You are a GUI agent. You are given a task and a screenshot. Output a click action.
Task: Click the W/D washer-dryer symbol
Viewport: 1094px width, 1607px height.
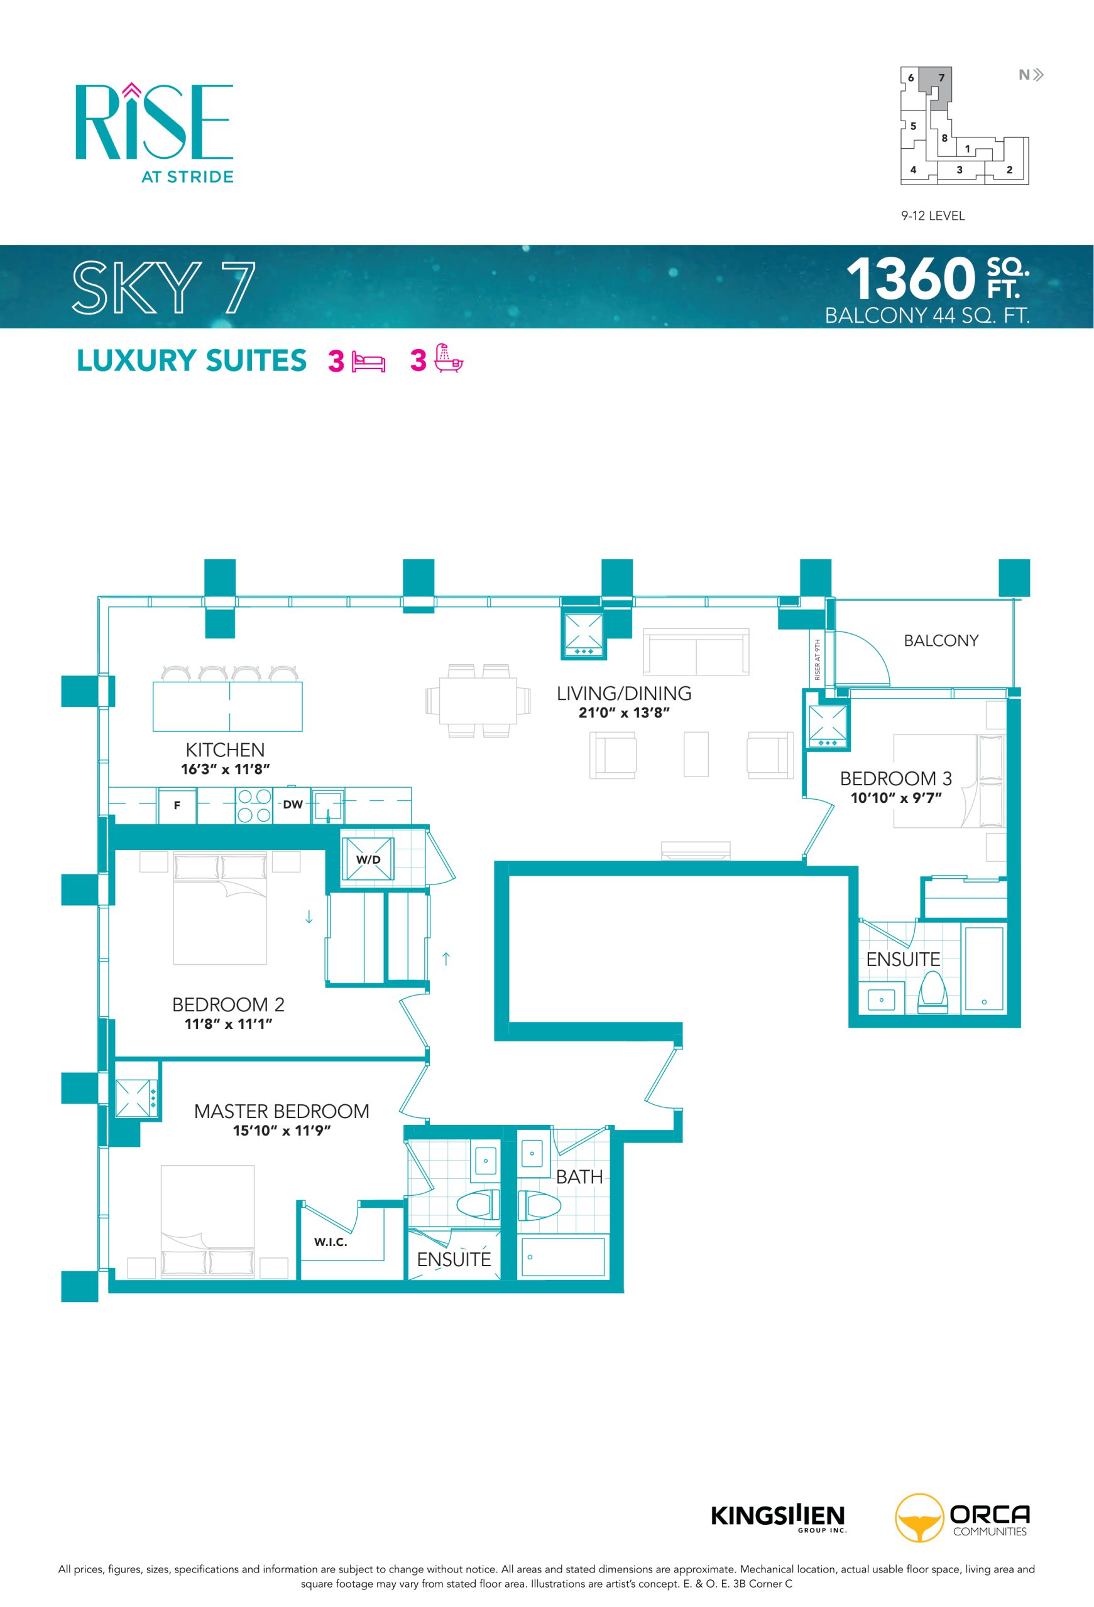[x=368, y=859]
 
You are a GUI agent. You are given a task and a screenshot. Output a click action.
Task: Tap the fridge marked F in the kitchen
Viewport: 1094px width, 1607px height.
[x=177, y=805]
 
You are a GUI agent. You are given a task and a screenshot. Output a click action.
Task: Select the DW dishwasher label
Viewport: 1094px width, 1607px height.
[x=293, y=804]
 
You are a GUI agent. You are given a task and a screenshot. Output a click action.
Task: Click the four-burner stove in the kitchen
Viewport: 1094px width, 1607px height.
[x=254, y=805]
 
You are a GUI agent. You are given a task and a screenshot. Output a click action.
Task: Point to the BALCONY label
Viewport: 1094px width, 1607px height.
[x=941, y=640]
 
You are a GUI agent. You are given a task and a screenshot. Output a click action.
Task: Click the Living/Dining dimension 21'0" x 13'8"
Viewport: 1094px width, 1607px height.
[x=624, y=713]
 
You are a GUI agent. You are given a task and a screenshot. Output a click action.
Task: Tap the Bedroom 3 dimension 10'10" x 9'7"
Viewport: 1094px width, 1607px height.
[x=896, y=798]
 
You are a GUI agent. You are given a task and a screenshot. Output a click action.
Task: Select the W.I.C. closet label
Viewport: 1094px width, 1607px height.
[x=331, y=1242]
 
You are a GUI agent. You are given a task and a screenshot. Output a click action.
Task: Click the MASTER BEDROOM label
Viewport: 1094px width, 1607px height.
[x=282, y=1111]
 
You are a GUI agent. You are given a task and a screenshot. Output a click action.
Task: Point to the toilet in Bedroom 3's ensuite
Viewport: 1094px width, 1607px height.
[x=932, y=992]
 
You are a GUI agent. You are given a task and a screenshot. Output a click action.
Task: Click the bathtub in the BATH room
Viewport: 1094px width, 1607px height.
[x=563, y=1257]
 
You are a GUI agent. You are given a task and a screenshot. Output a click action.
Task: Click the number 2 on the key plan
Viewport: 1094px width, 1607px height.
[x=1010, y=169]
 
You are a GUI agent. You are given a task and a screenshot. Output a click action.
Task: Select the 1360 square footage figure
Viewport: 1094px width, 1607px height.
[x=911, y=279]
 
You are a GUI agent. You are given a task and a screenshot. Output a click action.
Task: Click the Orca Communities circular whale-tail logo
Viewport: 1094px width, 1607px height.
[x=919, y=1518]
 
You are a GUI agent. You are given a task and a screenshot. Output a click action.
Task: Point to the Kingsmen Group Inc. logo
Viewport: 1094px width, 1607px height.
[x=778, y=1517]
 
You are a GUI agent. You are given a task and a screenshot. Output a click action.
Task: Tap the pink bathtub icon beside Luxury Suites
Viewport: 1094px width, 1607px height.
[x=449, y=359]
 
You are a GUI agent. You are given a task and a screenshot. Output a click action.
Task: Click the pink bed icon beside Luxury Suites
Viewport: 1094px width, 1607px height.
[x=369, y=362]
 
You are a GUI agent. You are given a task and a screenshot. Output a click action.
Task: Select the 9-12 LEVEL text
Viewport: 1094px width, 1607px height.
[x=933, y=216]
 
